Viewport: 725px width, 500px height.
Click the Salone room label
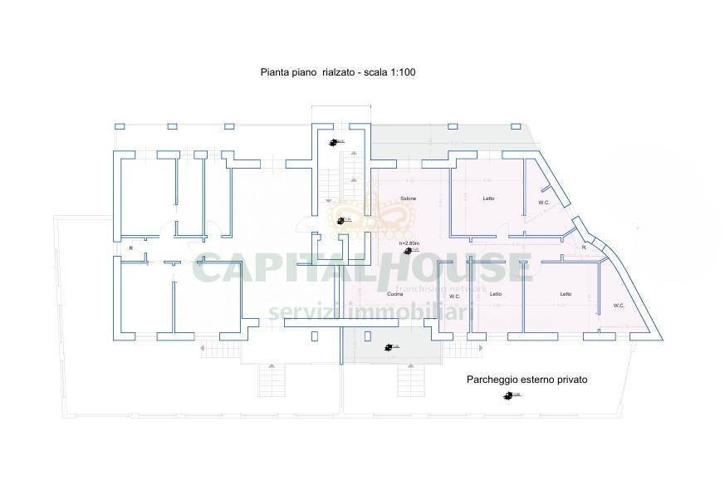pyautogui.click(x=408, y=199)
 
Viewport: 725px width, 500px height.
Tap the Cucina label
pyautogui.click(x=395, y=295)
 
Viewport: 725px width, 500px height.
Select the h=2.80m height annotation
pyautogui.click(x=407, y=243)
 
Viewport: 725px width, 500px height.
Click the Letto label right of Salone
pyautogui.click(x=489, y=199)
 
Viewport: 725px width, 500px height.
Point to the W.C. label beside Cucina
pyautogui.click(x=454, y=295)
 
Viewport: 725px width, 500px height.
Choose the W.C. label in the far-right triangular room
pyautogui.click(x=619, y=305)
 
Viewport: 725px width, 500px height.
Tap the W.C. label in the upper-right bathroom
pyautogui.click(x=544, y=203)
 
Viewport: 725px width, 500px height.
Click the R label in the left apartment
pyautogui.click(x=130, y=248)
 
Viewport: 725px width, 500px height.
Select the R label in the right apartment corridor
pyautogui.click(x=584, y=248)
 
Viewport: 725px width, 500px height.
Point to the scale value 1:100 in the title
pyautogui.click(x=400, y=73)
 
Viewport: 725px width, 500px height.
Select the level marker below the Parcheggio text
pyautogui.click(x=507, y=395)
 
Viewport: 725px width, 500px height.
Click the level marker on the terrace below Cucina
pyautogui.click(x=389, y=347)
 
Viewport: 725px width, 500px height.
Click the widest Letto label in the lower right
pyautogui.click(x=566, y=294)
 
